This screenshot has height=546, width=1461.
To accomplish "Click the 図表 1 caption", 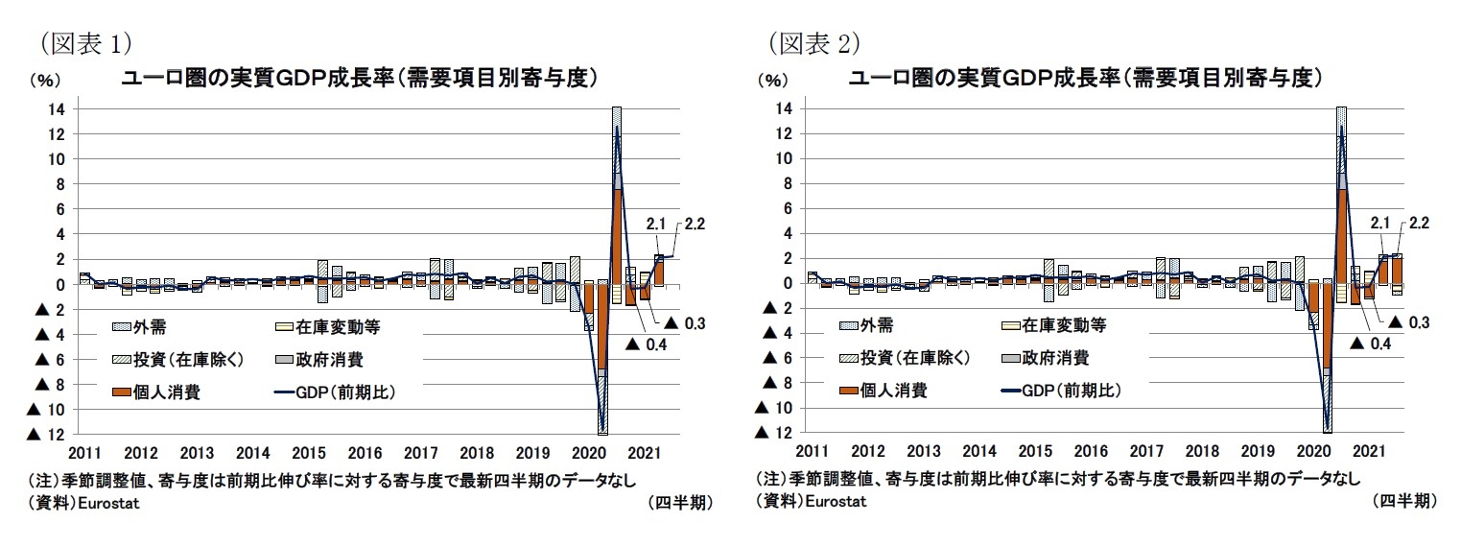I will pyautogui.click(x=84, y=42).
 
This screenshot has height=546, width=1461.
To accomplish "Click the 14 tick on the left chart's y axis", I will pyautogui.click(x=57, y=109).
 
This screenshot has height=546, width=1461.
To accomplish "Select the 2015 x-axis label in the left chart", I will pyautogui.click(x=308, y=452).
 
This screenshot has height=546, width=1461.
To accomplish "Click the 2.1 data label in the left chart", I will pyautogui.click(x=655, y=225).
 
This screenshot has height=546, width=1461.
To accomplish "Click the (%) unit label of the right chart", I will pyautogui.click(x=773, y=81).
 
